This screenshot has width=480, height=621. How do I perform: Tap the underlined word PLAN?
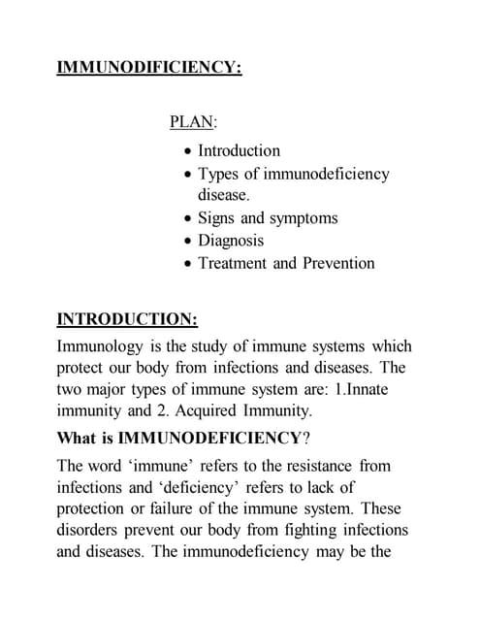click(x=192, y=122)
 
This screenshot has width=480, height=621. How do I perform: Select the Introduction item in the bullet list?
click(x=239, y=150)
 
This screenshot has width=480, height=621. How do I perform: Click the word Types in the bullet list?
click(x=218, y=174)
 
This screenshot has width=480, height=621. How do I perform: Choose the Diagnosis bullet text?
click(x=231, y=240)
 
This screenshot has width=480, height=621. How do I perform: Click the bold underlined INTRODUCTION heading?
click(x=127, y=318)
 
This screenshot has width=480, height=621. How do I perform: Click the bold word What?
click(x=79, y=437)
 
